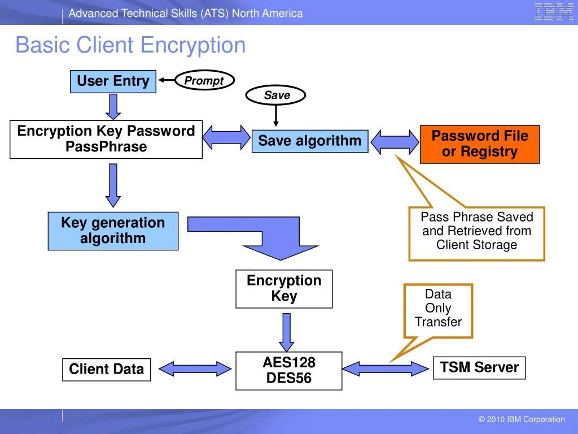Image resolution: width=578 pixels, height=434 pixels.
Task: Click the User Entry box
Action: pos(113,81)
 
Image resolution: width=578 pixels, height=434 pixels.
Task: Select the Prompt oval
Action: pos(204,81)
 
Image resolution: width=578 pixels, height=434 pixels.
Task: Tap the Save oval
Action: pos(276,96)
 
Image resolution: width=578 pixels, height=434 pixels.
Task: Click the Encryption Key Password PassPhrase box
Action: pos(106,139)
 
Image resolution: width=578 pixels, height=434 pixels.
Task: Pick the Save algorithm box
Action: pos(309,141)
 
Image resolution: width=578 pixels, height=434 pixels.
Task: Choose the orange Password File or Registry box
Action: pos(480,144)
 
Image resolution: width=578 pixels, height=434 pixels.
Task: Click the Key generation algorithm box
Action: pos(113,231)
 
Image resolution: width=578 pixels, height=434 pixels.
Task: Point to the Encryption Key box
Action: pos(284,289)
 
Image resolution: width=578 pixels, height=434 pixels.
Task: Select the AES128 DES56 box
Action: pos(288,371)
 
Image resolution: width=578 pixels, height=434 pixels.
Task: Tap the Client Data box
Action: pos(106,370)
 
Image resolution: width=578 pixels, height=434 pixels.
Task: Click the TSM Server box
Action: pos(479,367)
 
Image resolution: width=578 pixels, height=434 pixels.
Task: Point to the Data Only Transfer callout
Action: pos(438,309)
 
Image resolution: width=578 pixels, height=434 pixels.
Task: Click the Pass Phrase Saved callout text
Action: pos(476,231)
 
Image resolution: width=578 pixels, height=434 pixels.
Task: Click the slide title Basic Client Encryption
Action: pos(130,45)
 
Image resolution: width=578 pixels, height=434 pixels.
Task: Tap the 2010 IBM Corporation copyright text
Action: pos(521,419)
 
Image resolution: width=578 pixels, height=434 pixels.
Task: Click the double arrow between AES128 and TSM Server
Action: pos(386,369)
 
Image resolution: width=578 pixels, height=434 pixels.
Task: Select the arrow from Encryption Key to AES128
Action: pos(287,332)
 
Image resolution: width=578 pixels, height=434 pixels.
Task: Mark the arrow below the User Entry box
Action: pos(113,106)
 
